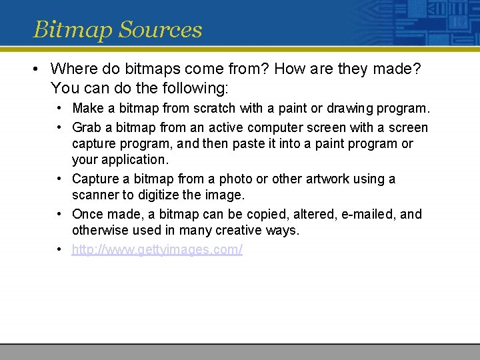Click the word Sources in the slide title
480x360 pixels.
[159, 30]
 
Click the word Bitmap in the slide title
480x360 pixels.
[72, 30]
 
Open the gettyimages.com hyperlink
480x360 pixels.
[157, 249]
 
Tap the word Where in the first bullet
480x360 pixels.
[71, 69]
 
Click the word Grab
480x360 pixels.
[87, 127]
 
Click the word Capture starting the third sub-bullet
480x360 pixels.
[94, 179]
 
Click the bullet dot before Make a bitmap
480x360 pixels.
[60, 108]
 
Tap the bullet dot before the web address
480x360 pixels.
[60, 249]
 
